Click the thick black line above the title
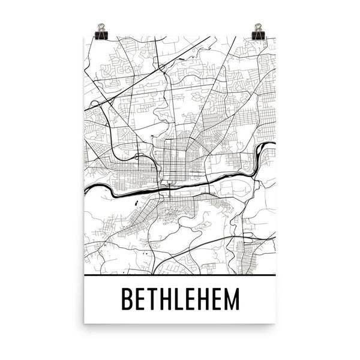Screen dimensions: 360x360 (x=180, y=274)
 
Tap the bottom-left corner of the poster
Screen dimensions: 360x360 (x=85, y=322)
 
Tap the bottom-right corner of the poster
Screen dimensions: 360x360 (x=275, y=322)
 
